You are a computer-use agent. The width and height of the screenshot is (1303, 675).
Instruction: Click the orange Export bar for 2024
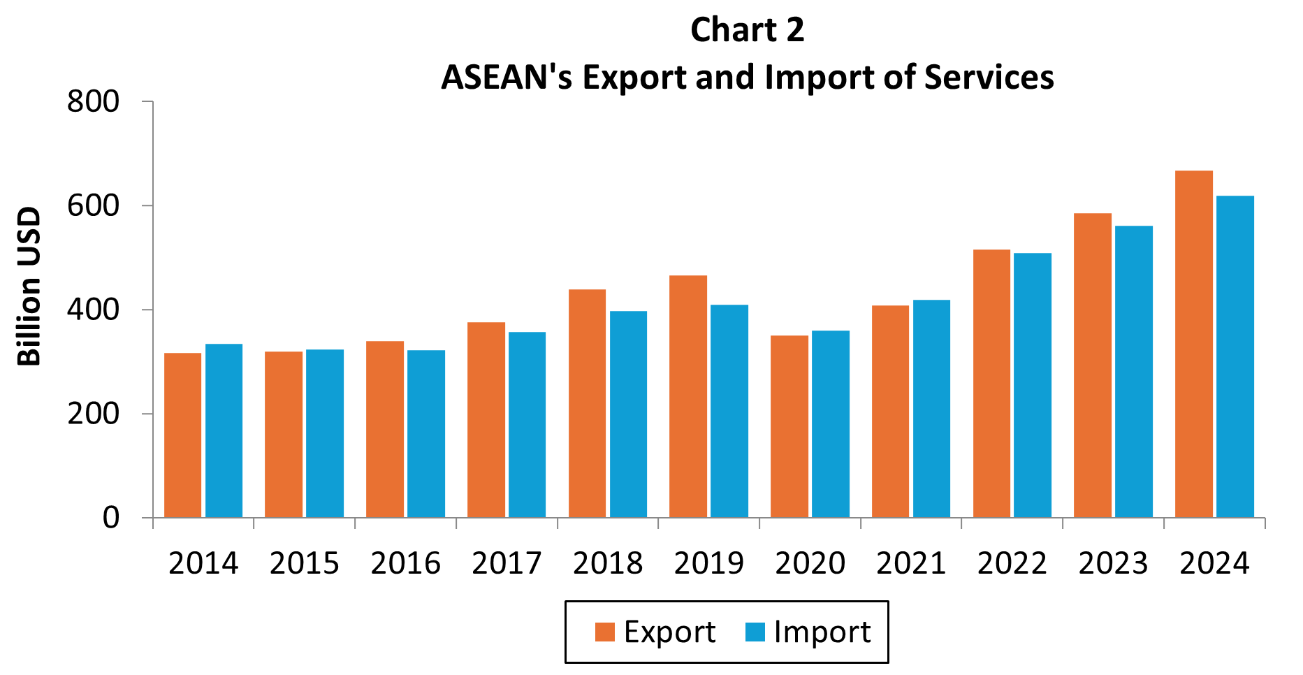point(1193,344)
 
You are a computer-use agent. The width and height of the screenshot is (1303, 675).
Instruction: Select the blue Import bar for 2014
point(224,430)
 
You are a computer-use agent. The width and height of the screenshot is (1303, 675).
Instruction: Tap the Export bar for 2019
point(688,396)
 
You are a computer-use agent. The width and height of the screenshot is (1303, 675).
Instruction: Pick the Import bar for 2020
point(831,424)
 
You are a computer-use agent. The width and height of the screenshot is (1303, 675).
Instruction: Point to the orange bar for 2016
point(385,429)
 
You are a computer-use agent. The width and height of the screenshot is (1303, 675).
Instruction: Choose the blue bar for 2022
point(1033,385)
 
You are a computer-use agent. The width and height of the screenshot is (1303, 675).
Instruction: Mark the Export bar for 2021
point(890,412)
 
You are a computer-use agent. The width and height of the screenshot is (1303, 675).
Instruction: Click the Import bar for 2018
point(628,414)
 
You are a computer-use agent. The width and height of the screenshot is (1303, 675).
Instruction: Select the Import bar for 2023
point(1134,372)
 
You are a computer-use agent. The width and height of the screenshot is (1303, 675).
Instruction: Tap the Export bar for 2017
point(486,420)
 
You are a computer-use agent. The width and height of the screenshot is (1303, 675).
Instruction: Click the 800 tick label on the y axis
point(94,102)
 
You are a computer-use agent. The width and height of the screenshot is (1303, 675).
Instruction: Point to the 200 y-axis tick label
point(94,414)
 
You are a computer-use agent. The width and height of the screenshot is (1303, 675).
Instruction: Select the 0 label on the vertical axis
point(111,518)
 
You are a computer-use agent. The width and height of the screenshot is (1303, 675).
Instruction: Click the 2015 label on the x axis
point(305,563)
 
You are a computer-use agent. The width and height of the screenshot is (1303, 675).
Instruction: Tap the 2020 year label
point(810,563)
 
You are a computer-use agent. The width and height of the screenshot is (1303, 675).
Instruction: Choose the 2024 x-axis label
point(1214,563)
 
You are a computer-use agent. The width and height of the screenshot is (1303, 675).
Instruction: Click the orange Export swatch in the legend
point(605,632)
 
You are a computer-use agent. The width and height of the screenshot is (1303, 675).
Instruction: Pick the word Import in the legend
point(822,632)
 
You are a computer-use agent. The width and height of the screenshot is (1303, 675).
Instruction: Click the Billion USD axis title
point(29,286)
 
